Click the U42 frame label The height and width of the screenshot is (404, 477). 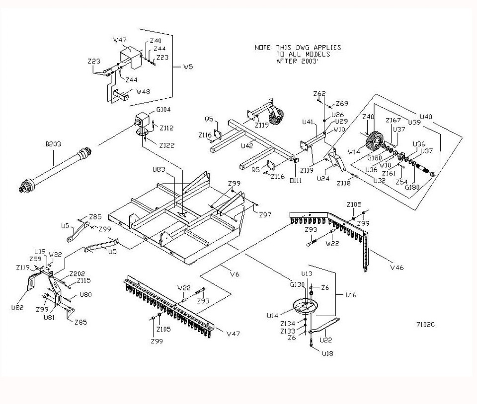point(247,146)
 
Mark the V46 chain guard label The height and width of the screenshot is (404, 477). point(397,268)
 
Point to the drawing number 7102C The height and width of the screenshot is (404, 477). point(425,325)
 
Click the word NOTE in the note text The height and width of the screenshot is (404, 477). point(262,48)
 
